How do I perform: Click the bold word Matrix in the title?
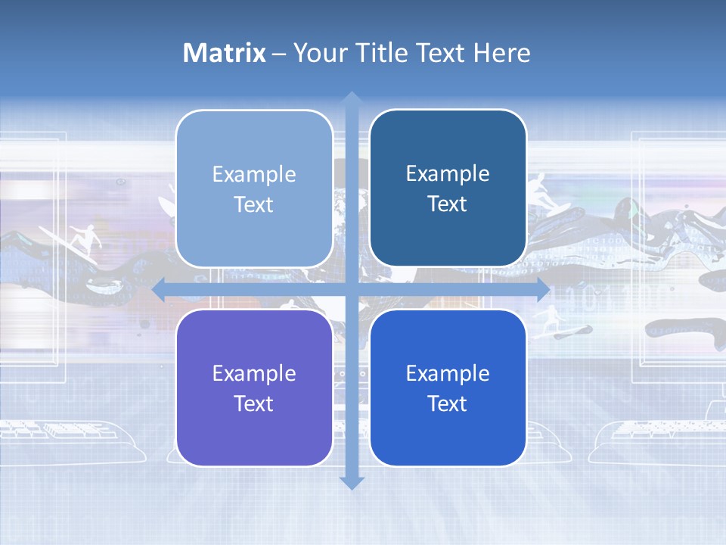pyautogui.click(x=224, y=53)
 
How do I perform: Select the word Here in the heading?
pyautogui.click(x=501, y=53)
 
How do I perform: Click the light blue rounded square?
pyautogui.click(x=254, y=188)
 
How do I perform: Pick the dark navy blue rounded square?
pyautogui.click(x=448, y=188)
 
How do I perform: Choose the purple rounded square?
pyautogui.click(x=254, y=388)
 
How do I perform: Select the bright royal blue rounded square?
pyautogui.click(x=448, y=388)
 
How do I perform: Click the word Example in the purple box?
pyautogui.click(x=254, y=373)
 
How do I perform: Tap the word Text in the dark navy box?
pyautogui.click(x=448, y=204)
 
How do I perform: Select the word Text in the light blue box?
pyautogui.click(x=254, y=204)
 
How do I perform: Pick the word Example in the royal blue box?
pyautogui.click(x=448, y=373)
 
